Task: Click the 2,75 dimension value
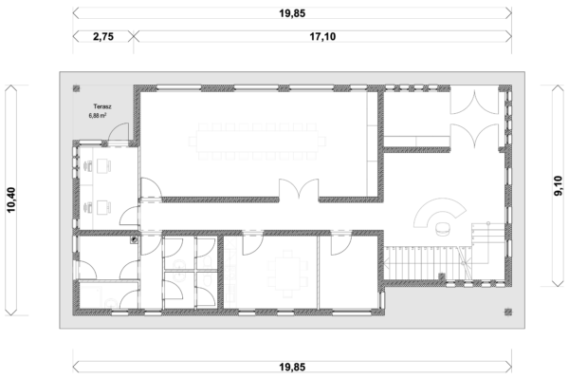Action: pos(103,36)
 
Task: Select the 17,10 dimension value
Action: pos(322,36)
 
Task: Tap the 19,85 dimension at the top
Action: pos(292,13)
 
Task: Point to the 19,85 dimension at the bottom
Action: pos(292,367)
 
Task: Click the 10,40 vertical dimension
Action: pos(11,199)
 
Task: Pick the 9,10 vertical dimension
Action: pos(559,186)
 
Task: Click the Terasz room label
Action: pos(102,106)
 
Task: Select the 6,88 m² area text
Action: pos(98,116)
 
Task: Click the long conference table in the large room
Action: pos(257,142)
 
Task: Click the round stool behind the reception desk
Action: pos(442,229)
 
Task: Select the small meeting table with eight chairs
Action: pos(287,273)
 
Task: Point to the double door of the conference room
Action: pos(299,189)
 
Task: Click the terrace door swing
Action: pos(119,132)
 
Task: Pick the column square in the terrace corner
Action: pos(76,88)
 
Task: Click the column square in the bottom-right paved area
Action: pos(508,312)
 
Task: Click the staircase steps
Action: pos(427,263)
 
